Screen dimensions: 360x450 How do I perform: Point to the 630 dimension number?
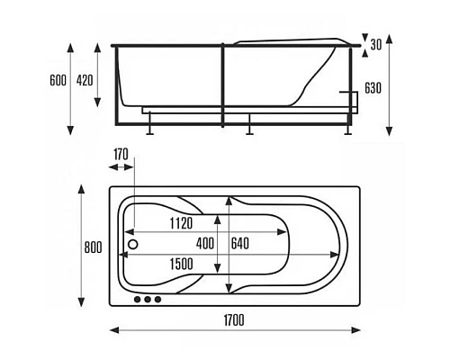374,88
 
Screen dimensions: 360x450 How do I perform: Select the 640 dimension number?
240,243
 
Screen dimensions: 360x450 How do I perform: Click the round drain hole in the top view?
133,243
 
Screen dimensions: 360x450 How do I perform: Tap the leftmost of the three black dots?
138,299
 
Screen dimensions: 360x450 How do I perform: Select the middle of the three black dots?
148,299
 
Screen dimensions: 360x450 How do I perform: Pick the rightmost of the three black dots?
157,299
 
